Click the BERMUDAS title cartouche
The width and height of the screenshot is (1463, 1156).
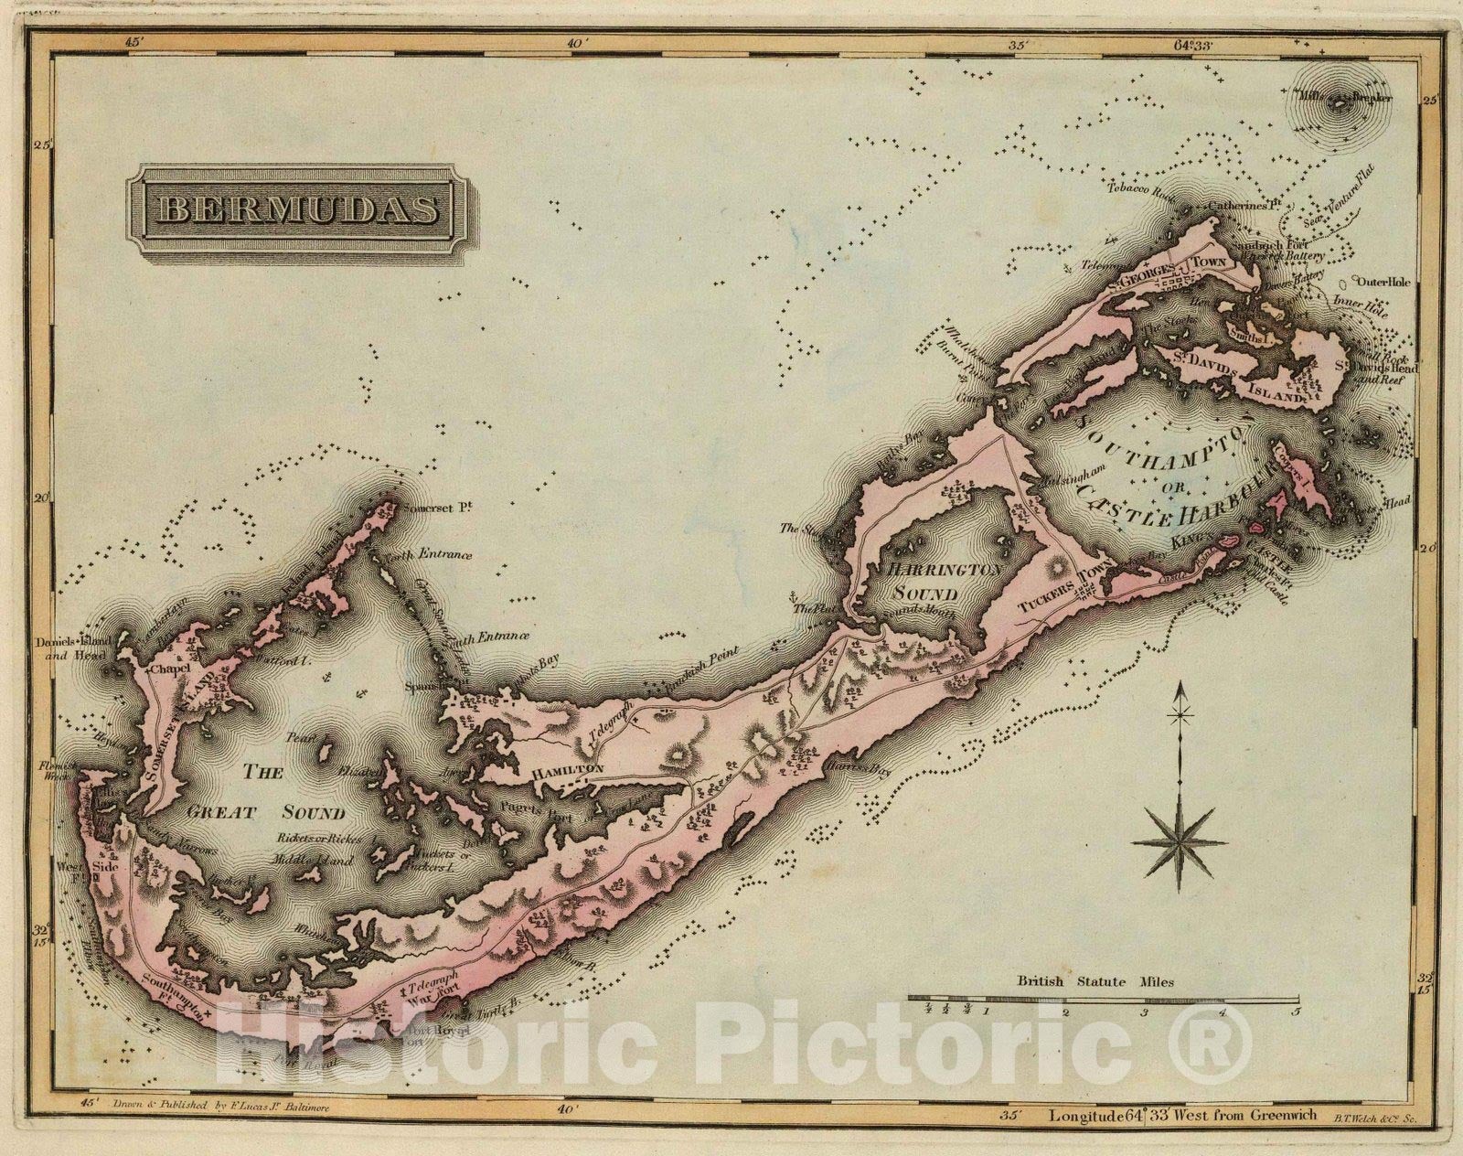pos(299,210)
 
